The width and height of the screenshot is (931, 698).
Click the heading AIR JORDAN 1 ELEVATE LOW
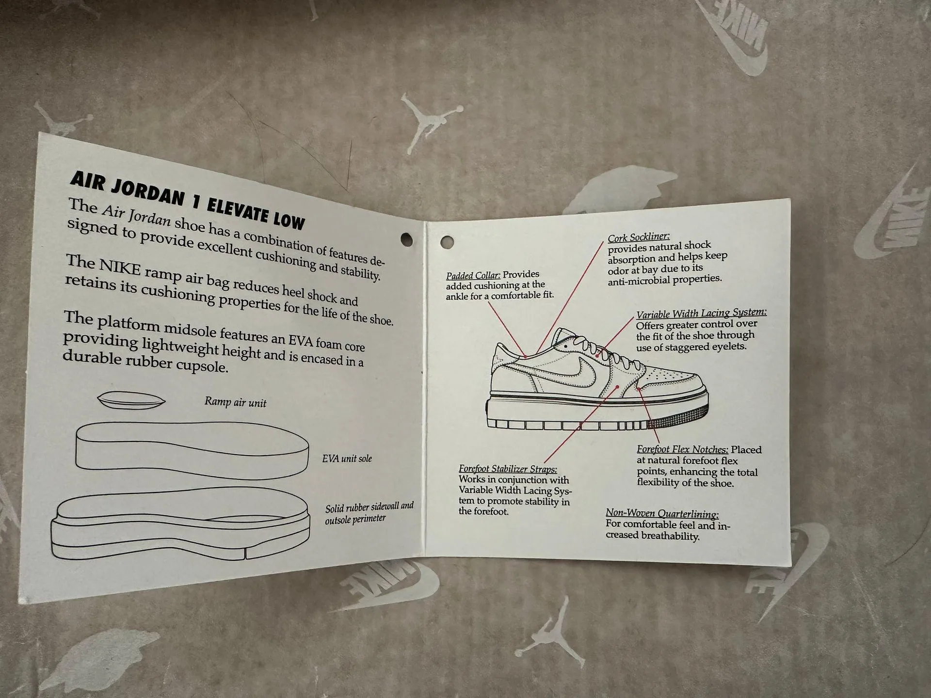pyautogui.click(x=188, y=200)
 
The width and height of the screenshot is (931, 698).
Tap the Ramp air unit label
pyautogui.click(x=235, y=402)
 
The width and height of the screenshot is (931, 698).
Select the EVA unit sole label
pyautogui.click(x=347, y=458)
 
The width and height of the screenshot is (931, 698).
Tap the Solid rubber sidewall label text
pyautogui.click(x=369, y=513)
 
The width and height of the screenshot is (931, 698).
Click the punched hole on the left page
pyautogui.click(x=406, y=238)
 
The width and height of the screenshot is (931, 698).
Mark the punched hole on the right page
pyautogui.click(x=447, y=241)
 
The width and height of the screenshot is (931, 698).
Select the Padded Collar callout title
pyautogui.click(x=473, y=275)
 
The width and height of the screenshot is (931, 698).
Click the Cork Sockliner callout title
pyautogui.click(x=639, y=237)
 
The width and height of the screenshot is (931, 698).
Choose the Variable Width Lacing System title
pyautogui.click(x=701, y=313)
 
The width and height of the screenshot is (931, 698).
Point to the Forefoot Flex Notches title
pyautogui.click(x=682, y=449)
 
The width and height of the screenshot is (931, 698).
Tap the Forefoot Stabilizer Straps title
pyautogui.click(x=508, y=469)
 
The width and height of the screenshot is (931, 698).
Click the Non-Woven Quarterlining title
pyautogui.click(x=662, y=513)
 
